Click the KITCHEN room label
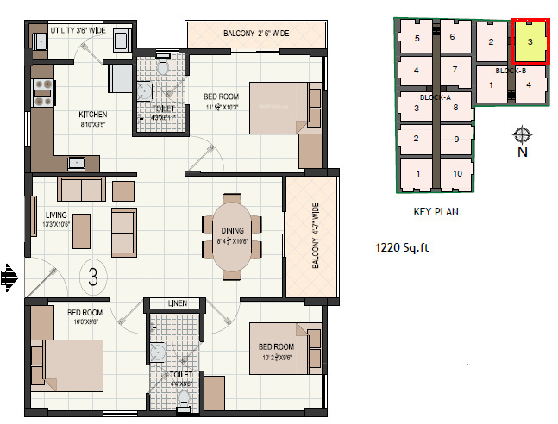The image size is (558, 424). point(91,114)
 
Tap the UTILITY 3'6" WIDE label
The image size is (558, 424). point(77,30)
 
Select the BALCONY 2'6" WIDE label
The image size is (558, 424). point(256,34)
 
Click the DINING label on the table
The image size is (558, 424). point(232,231)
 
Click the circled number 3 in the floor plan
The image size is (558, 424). point(92,277)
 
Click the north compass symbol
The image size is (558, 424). point(521,135)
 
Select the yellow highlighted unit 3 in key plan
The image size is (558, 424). point(530,42)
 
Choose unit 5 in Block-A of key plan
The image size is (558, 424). point(417,37)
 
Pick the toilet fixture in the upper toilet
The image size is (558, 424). point(164,66)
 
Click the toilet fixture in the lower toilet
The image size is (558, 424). point(184,398)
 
